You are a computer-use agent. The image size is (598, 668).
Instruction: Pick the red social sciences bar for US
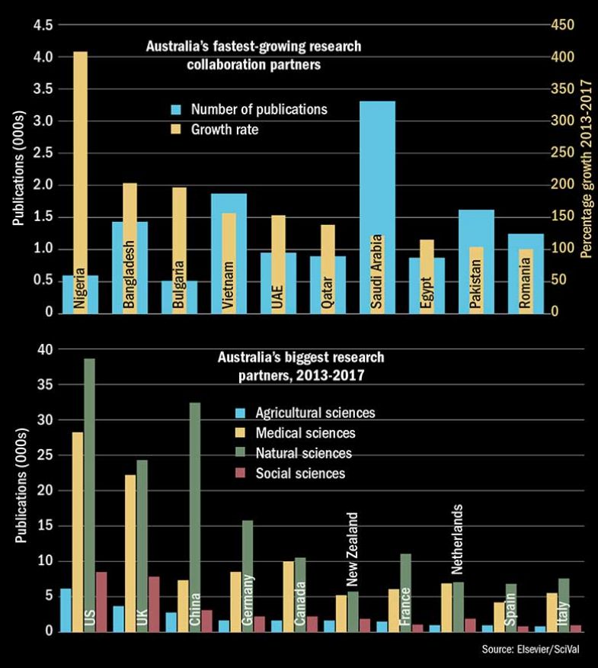click(101, 602)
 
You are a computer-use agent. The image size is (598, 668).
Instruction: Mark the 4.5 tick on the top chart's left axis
click(43, 25)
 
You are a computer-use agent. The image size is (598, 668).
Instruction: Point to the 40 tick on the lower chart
click(46, 349)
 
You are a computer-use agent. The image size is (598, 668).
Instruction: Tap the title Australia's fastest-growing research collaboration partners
click(254, 56)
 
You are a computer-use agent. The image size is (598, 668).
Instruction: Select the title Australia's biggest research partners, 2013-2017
click(302, 365)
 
